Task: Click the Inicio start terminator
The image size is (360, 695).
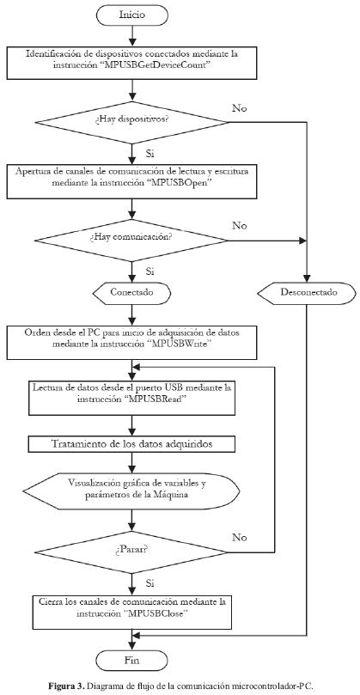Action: tap(131, 15)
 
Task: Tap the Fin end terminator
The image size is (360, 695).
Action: tap(131, 661)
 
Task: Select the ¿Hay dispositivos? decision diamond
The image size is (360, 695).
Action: tap(131, 121)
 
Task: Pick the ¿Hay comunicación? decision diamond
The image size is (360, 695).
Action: tap(131, 241)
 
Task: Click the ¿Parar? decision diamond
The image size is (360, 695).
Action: tap(131, 552)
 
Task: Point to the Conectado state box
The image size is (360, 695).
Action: tap(131, 293)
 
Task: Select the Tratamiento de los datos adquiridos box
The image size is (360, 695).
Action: tap(131, 444)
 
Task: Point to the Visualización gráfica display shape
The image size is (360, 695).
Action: tap(131, 490)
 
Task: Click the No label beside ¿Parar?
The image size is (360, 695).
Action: tap(240, 537)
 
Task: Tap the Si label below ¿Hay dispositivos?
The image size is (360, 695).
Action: tap(149, 154)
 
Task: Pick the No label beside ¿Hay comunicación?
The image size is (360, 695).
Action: tap(240, 226)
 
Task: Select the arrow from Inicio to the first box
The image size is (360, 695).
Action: tap(131, 35)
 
